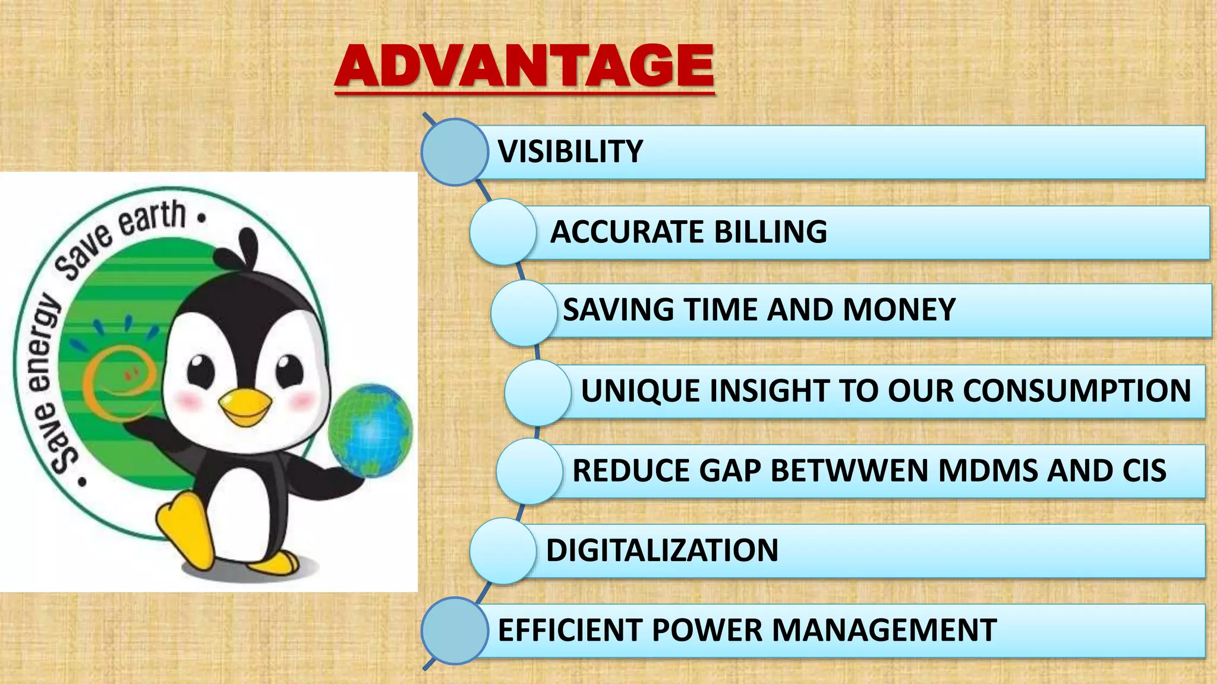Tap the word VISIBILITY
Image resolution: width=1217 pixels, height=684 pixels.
click(570, 151)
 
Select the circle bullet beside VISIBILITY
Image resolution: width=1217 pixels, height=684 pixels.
click(455, 152)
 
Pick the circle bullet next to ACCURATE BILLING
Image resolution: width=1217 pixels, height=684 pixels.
click(503, 232)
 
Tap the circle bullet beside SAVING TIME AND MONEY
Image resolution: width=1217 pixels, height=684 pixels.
click(524, 312)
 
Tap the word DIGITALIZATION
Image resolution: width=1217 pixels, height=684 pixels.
click(662, 550)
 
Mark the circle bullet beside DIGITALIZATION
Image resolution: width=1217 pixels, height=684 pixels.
click(503, 550)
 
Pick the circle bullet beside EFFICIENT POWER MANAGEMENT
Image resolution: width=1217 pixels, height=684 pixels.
click(455, 631)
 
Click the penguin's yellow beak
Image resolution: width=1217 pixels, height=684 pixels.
click(244, 407)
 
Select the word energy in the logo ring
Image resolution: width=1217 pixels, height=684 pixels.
click(43, 344)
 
